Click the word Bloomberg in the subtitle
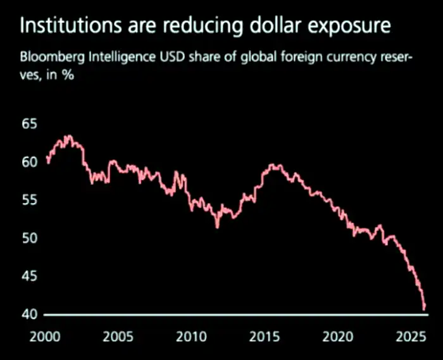pyautogui.click(x=49, y=59)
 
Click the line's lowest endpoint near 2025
pyautogui.click(x=423, y=309)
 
